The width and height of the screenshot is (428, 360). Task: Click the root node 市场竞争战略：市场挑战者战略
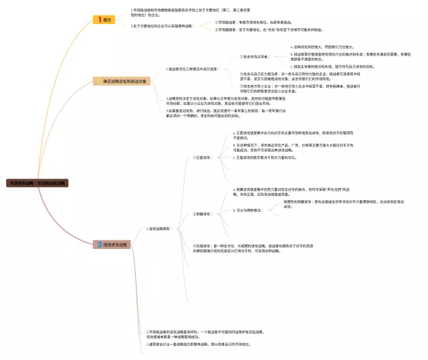pyautogui.click(x=37, y=182)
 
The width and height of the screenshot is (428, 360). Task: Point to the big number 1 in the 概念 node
pyautogui.click(x=100, y=20)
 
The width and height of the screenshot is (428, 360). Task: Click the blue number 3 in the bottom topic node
pyautogui.click(x=99, y=245)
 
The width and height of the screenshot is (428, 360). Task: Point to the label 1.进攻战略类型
pyautogui.click(x=160, y=228)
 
